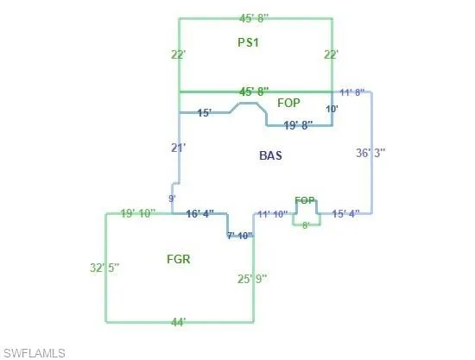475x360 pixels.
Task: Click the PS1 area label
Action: [248, 42]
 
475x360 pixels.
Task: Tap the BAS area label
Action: [271, 155]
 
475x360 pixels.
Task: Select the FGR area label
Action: [179, 259]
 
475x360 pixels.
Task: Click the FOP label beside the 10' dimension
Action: [288, 103]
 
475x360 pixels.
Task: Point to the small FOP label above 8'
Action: [305, 200]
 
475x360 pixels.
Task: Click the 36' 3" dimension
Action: [370, 153]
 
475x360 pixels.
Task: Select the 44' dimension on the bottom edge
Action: [179, 322]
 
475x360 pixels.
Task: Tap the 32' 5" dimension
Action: [104, 268]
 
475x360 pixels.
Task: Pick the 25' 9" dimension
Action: [252, 279]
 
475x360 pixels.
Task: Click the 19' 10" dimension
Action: [138, 213]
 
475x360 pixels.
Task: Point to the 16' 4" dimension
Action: [200, 214]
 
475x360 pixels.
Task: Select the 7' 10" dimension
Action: [240, 236]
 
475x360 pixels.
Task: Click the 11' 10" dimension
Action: [272, 214]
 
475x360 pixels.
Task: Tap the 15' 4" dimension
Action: [346, 214]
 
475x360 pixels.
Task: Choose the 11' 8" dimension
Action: [352, 92]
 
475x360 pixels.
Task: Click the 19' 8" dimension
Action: [298, 125]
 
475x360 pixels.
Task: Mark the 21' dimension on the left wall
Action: [179, 148]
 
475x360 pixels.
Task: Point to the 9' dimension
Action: [172, 199]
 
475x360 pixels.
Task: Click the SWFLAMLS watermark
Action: [35, 353]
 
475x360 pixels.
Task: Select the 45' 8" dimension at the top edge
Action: [254, 18]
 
